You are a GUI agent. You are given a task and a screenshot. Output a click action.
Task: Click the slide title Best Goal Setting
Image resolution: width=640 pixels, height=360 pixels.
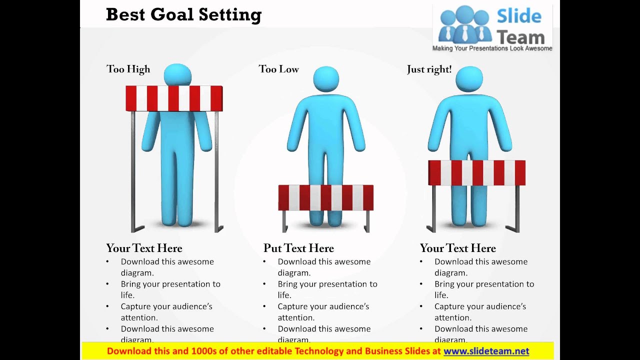coord(183,14)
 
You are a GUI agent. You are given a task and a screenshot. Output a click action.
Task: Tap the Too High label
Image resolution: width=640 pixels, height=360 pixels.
coord(128,69)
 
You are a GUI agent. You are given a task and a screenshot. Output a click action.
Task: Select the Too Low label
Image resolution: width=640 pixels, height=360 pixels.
coord(278,69)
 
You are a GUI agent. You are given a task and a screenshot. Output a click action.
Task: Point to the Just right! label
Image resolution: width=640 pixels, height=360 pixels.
coord(429,69)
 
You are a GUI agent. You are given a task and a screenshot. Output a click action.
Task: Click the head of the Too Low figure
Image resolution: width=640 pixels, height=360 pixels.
coord(326,79)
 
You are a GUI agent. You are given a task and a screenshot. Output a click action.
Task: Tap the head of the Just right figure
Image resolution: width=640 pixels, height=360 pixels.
coord(469,79)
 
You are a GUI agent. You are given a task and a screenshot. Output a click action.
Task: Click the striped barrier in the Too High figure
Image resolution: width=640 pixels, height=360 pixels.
coord(174,98)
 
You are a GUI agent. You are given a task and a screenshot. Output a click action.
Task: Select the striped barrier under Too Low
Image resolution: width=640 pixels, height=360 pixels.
coord(325,197)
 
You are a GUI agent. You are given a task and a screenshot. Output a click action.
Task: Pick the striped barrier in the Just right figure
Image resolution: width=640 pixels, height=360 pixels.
coord(476,173)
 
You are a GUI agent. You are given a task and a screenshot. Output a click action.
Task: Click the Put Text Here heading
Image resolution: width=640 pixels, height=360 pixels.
coord(298,248)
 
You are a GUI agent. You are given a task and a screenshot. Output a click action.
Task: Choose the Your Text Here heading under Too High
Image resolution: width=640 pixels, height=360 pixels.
coord(144,248)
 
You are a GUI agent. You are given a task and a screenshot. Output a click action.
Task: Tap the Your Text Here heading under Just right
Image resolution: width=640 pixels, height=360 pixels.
coord(457,248)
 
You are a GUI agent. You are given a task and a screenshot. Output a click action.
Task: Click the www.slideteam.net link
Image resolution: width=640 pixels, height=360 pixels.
coord(486,351)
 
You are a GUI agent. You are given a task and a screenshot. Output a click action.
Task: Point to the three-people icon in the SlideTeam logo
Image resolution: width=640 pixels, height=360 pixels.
coord(464,25)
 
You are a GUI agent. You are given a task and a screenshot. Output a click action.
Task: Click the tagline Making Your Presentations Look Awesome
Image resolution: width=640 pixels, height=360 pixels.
coord(492,48)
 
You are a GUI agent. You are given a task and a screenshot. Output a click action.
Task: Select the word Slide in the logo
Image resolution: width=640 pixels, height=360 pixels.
coord(519,16)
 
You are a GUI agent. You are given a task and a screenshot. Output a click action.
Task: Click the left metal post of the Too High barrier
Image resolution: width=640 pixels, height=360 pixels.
coord(133,170)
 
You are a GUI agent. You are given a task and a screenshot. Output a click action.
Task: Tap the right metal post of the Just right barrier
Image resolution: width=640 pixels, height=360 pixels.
coord(517,207)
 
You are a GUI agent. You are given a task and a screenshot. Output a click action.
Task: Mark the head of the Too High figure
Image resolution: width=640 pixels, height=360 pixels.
coord(177,74)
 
